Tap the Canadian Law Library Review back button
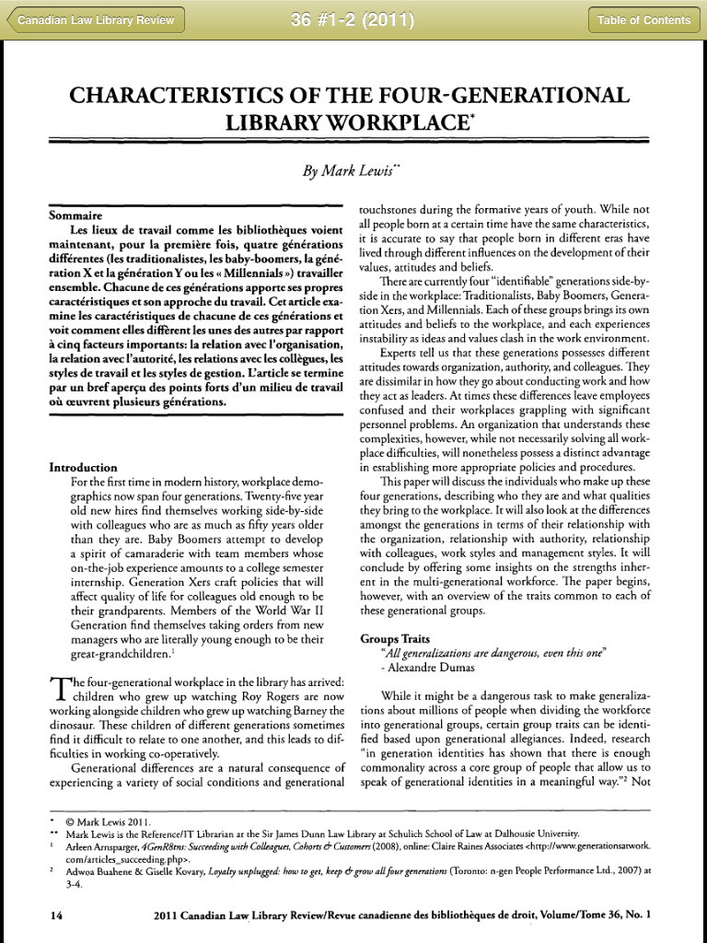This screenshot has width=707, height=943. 96,20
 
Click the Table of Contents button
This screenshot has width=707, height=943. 643,20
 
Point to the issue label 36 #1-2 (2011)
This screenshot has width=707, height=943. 353,20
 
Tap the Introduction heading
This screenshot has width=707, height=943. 83,468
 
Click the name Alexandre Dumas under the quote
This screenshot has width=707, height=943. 432,667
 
